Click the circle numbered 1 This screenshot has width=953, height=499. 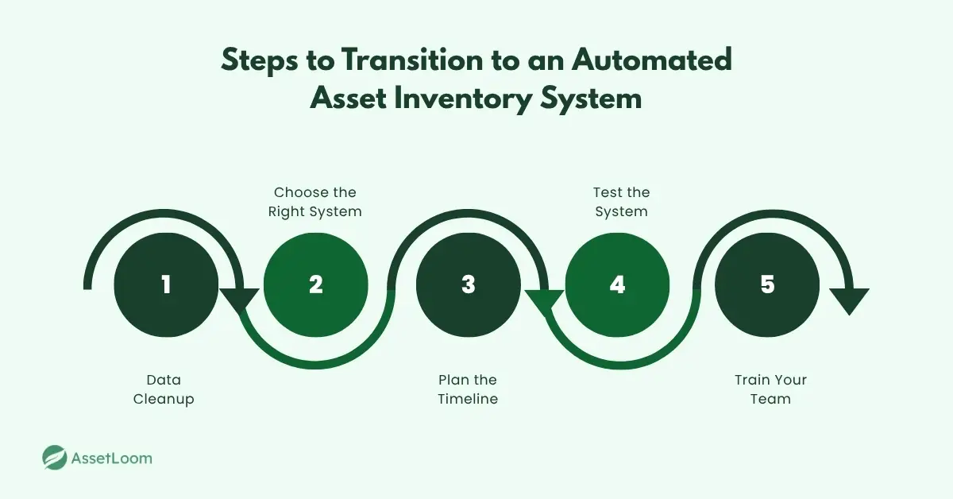pos(166,284)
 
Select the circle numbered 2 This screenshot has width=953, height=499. pos(316,284)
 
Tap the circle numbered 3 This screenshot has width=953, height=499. pos(468,284)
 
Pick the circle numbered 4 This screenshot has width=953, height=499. pos(617,284)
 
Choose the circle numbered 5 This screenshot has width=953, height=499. pos(767,284)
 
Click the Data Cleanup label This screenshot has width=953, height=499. pos(164,389)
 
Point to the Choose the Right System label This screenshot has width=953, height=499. pos(315,202)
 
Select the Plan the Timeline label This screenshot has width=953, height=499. pos(468,389)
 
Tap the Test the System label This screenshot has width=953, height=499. pos(621,202)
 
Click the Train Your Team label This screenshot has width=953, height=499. pos(770,389)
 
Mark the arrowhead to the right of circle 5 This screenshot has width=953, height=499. pos(849,300)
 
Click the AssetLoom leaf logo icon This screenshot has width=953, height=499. pos(55,458)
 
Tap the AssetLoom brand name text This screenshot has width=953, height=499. pos(111,458)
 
